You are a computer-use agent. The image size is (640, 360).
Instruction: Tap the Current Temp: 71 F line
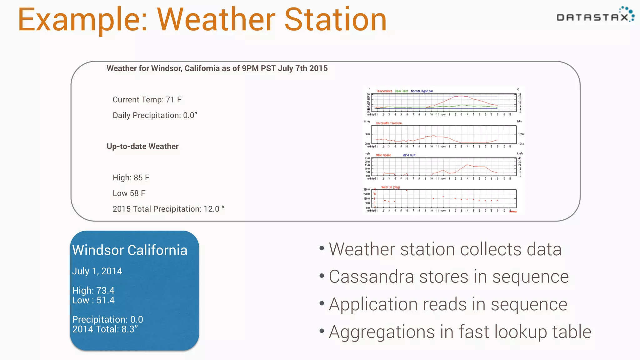coord(147,100)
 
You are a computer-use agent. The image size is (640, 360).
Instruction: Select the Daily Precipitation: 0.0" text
coord(155,115)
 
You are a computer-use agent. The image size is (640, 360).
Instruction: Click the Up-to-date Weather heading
coord(142,146)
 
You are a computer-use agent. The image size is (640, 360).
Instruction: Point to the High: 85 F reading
coord(131,177)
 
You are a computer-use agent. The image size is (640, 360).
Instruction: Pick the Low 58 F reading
coord(129,193)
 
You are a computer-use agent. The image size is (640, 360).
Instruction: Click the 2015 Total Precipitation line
coord(168,209)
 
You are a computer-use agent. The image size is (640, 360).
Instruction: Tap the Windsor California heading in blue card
coord(130,250)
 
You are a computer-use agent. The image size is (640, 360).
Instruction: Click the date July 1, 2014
coord(97,271)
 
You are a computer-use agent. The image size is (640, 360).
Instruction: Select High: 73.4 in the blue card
coord(93,290)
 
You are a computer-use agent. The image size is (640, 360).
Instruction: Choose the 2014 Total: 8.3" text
coord(105,329)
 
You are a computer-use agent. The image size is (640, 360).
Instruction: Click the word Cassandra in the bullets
coord(369,277)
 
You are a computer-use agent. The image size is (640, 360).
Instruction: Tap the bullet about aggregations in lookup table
coord(460,332)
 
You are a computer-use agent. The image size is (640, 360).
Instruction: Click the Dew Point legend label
coord(401,91)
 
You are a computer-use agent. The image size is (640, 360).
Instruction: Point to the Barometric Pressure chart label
coord(389,123)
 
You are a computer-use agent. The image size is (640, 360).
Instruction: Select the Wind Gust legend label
coord(409,155)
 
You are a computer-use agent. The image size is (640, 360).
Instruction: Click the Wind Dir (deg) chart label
coord(390,187)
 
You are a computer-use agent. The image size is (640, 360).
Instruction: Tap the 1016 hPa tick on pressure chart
coord(521,134)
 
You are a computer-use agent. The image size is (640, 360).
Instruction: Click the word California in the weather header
coord(202,68)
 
